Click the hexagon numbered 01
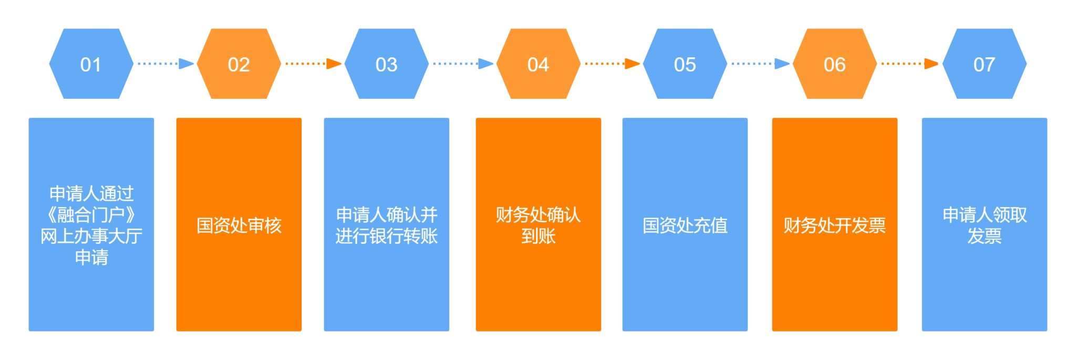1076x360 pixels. pos(91,64)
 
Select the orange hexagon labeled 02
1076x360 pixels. pos(239,64)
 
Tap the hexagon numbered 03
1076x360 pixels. pos(386,64)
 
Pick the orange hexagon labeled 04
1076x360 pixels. pos(538,64)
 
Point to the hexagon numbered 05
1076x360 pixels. pos(685,64)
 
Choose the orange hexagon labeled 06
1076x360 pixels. pos(834,64)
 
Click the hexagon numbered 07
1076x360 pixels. pos(984,64)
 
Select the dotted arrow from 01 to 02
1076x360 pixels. pos(165,64)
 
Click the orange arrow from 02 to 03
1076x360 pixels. pos(313,64)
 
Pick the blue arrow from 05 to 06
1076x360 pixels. pos(760,64)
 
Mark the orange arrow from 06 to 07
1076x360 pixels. pos(909,64)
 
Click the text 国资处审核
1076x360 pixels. pos(239,225)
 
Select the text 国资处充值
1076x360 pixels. pos(685,225)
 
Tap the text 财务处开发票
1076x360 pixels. pos(834,225)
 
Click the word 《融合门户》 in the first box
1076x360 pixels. pos(91,215)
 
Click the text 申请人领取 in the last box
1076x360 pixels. pos(984,215)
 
